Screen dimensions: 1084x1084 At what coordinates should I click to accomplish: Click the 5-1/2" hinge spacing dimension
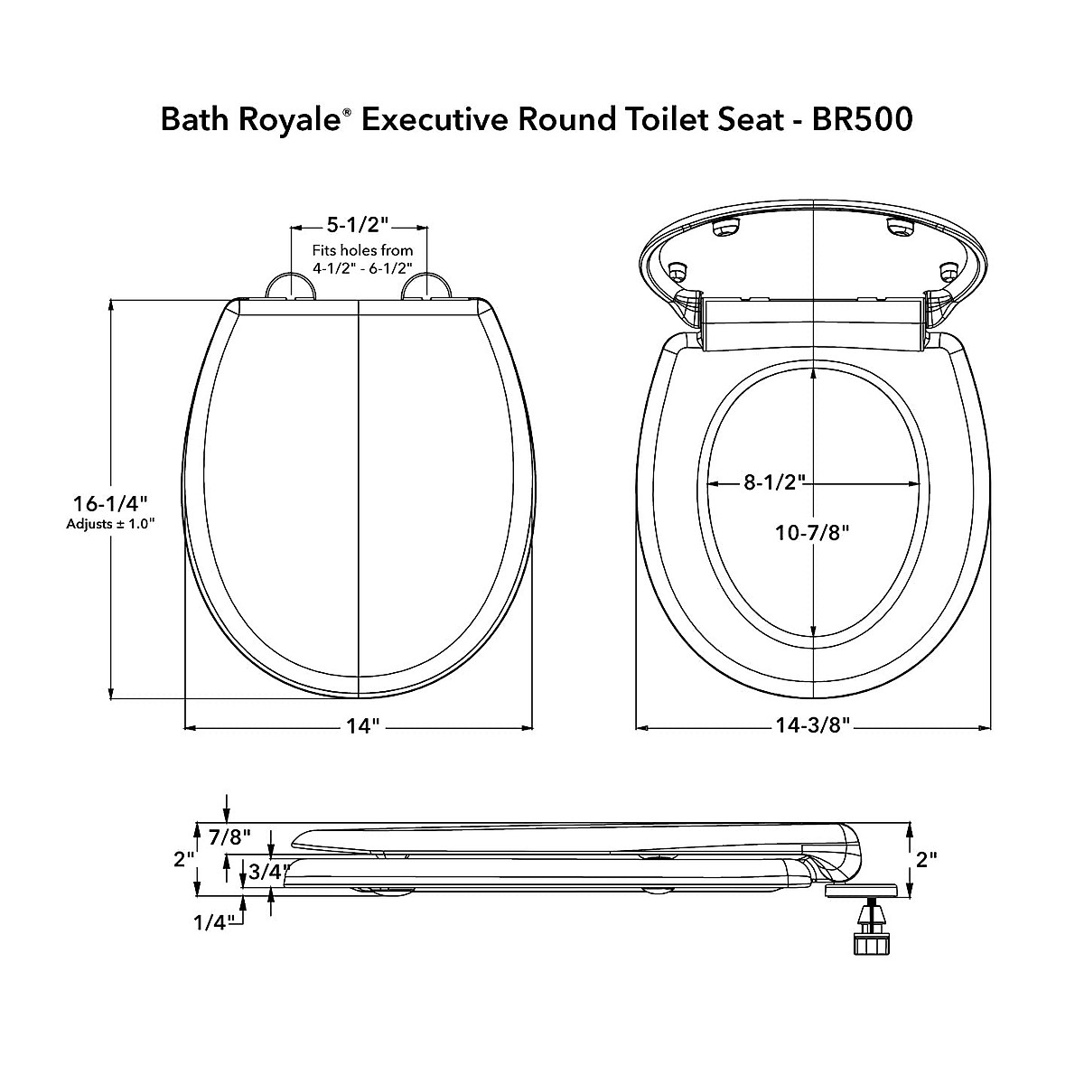pyautogui.click(x=359, y=226)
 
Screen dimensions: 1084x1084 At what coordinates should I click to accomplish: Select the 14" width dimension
pyautogui.click(x=359, y=727)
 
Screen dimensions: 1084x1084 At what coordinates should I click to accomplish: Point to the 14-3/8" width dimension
pyautogui.click(x=814, y=727)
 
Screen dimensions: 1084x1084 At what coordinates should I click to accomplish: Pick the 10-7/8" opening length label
pyautogui.click(x=814, y=533)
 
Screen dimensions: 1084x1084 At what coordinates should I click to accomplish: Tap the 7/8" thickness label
pyautogui.click(x=229, y=836)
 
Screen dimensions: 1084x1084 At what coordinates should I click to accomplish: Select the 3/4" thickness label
pyautogui.click(x=268, y=872)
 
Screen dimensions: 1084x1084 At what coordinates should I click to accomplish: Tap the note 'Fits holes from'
pyautogui.click(x=362, y=250)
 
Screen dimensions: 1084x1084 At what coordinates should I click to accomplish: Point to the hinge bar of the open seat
pyautogui.click(x=812, y=324)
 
